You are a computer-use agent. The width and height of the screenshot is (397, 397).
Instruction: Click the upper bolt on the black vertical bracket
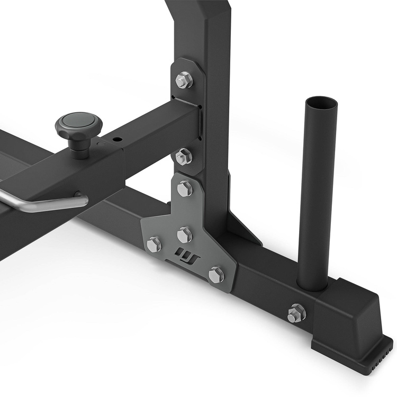(x=184, y=80)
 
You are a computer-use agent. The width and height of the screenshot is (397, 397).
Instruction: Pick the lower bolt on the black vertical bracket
(x=184, y=156)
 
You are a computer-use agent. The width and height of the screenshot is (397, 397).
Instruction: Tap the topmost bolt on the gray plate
(x=185, y=188)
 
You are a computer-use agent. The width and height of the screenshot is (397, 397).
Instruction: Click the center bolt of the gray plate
(x=184, y=234)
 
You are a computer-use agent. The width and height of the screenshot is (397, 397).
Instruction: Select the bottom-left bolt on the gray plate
(x=154, y=244)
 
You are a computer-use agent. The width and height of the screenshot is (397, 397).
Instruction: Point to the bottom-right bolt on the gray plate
(x=216, y=275)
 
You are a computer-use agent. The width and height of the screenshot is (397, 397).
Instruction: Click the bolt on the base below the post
(x=296, y=313)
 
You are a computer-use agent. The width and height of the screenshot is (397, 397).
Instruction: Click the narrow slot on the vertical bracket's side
(x=201, y=122)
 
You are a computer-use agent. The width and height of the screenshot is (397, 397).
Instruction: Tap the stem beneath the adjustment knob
(x=80, y=149)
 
